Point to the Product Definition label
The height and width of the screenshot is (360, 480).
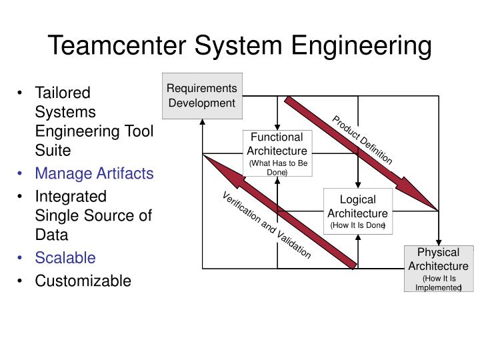click(x=363, y=140)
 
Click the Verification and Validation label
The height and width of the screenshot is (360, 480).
click(x=267, y=225)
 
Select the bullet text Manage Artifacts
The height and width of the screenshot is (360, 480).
click(x=94, y=173)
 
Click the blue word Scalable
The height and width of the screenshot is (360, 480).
click(x=65, y=257)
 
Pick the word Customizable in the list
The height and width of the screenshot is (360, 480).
click(x=83, y=281)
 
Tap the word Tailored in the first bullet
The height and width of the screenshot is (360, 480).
click(x=62, y=92)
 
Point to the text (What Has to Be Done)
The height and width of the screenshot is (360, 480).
click(x=277, y=167)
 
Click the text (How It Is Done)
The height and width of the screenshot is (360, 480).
click(x=358, y=226)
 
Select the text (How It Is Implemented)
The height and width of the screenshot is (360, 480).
click(x=438, y=283)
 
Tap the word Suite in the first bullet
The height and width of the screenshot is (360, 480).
click(x=53, y=150)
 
